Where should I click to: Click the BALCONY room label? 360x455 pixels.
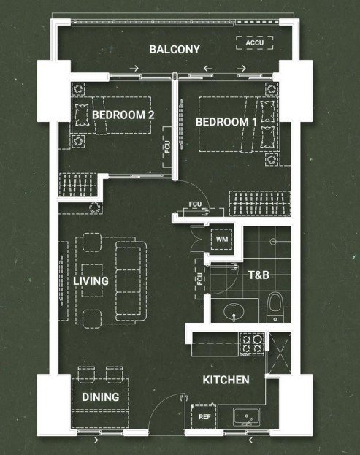pos(175,49)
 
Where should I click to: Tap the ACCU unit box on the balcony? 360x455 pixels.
pos(254,42)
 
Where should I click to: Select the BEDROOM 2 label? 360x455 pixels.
pos(123,115)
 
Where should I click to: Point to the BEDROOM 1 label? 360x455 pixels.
pos(226,122)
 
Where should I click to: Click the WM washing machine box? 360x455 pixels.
pos(222,239)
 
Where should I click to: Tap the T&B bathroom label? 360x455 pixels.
pos(258,275)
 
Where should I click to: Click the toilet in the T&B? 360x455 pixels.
pos(275,307)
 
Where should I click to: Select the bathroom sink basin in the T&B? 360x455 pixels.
pos(234,312)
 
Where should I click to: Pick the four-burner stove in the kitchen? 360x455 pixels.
pos(251,345)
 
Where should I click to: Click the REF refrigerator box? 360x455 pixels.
pos(204,417)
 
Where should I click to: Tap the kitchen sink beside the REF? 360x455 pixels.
pos(246,417)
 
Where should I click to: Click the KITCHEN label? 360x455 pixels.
pos(226,380)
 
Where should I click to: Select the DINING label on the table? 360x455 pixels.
pos(100,397)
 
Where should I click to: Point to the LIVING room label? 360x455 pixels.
pos(91,281)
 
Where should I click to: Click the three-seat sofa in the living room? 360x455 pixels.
pos(131,281)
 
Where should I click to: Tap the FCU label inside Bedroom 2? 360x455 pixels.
pos(167,147)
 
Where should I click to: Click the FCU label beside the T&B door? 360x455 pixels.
pos(199,278)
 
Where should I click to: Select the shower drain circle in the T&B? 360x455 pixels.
pos(273,242)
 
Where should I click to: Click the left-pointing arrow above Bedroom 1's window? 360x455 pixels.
pos(207,69)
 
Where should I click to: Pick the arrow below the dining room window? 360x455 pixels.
pos(93,440)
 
